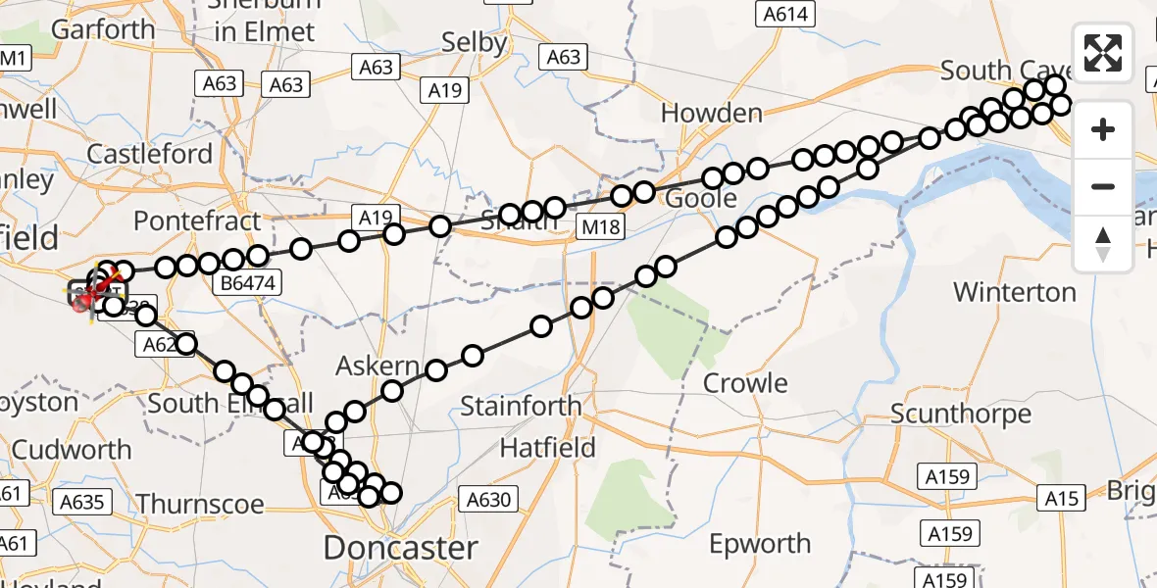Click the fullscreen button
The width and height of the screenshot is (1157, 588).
(x=1103, y=52)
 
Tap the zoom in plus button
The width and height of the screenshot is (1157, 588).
(x=1103, y=129)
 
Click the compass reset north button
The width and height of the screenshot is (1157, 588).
(x=1103, y=244)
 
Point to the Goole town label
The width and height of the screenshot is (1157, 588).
(x=701, y=198)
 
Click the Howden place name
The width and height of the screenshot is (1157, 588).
(x=712, y=113)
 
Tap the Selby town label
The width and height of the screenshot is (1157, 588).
(x=475, y=42)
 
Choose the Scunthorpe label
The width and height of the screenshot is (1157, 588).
(x=961, y=414)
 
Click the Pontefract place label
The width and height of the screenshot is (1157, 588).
(x=197, y=220)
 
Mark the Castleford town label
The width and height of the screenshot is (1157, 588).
(x=149, y=154)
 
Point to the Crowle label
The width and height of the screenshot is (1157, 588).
(x=745, y=383)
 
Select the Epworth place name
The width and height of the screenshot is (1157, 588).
(x=760, y=543)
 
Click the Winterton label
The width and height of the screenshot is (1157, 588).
(x=1015, y=292)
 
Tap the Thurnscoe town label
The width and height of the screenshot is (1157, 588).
(x=200, y=504)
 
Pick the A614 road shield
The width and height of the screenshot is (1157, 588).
(x=786, y=14)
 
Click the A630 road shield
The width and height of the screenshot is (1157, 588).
(x=488, y=500)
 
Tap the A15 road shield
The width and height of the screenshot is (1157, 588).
(x=1061, y=499)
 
